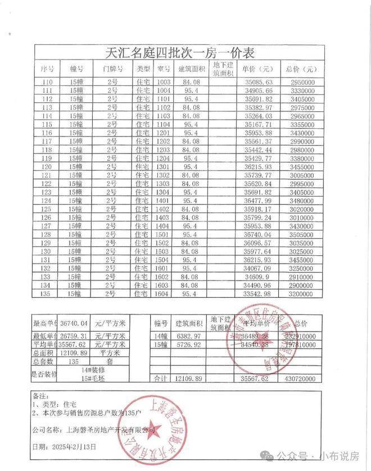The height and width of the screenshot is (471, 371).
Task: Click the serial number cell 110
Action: [47, 82]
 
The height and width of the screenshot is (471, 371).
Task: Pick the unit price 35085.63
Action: [259, 82]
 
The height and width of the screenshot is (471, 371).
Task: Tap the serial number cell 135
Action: [47, 293]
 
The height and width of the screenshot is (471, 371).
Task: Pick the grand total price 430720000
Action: [314, 380]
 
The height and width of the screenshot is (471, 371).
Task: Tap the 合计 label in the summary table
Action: [160, 380]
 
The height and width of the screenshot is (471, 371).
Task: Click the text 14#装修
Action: [93, 371]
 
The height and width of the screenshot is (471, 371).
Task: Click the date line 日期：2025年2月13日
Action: [65, 447]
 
